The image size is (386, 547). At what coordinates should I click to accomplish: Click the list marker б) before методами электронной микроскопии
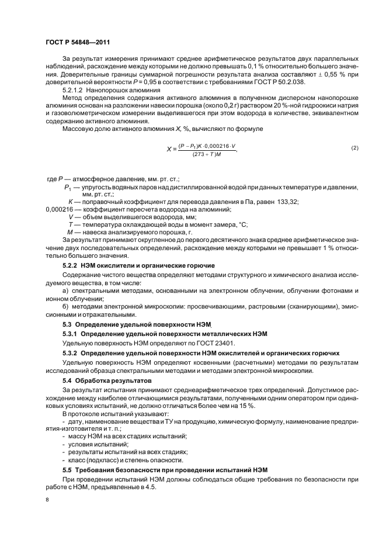(x=65, y=306)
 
